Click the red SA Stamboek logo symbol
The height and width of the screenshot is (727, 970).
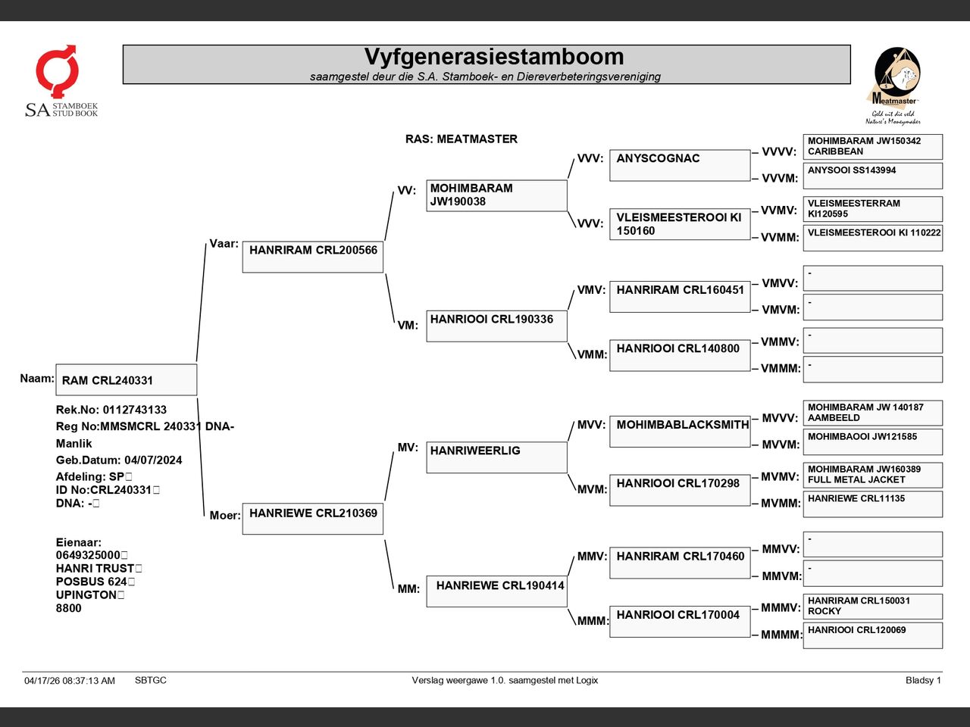click(x=57, y=70)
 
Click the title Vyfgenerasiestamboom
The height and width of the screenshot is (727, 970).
click(x=493, y=57)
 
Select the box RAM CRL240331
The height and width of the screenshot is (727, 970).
click(x=127, y=379)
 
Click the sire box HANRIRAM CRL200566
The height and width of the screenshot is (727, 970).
click(x=313, y=257)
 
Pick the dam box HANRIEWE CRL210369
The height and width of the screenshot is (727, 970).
click(x=313, y=519)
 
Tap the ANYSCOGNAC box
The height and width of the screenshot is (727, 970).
click(x=680, y=165)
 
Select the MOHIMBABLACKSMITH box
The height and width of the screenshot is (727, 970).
click(x=680, y=431)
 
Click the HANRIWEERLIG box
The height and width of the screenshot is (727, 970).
click(x=496, y=457)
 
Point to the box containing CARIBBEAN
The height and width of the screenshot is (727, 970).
click(x=873, y=147)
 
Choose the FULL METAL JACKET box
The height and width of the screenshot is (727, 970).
click(x=873, y=475)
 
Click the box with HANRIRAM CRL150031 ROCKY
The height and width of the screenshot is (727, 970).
click(x=873, y=607)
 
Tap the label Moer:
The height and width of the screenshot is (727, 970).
click(x=225, y=515)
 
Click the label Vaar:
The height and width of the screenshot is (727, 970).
click(x=224, y=244)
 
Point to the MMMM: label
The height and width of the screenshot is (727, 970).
click(x=781, y=635)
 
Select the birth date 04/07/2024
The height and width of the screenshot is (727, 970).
click(x=153, y=460)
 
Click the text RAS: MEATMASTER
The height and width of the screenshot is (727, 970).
click(x=462, y=139)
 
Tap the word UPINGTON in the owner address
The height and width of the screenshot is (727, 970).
click(x=86, y=594)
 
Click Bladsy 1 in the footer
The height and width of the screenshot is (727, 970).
click(x=923, y=680)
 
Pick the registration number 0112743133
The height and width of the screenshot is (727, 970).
click(x=135, y=410)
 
